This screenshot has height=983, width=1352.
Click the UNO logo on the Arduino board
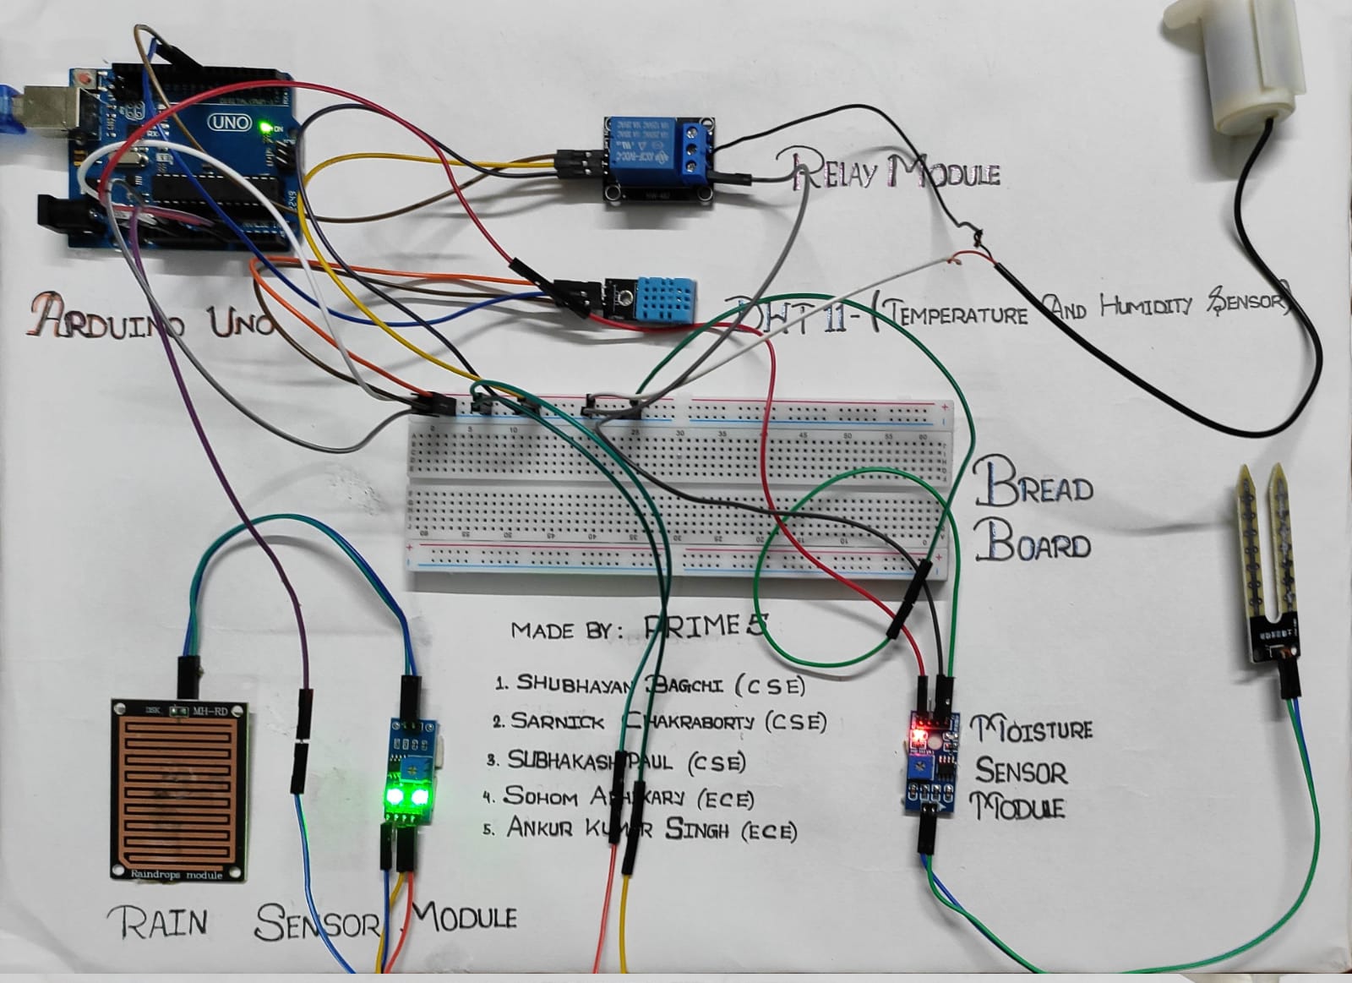coord(230,123)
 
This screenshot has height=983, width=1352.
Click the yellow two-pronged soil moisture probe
coord(1267,541)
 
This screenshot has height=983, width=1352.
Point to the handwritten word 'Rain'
coord(158,921)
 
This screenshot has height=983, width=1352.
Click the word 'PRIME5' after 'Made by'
coord(706,626)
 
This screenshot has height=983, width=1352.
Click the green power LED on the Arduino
coord(264,128)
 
